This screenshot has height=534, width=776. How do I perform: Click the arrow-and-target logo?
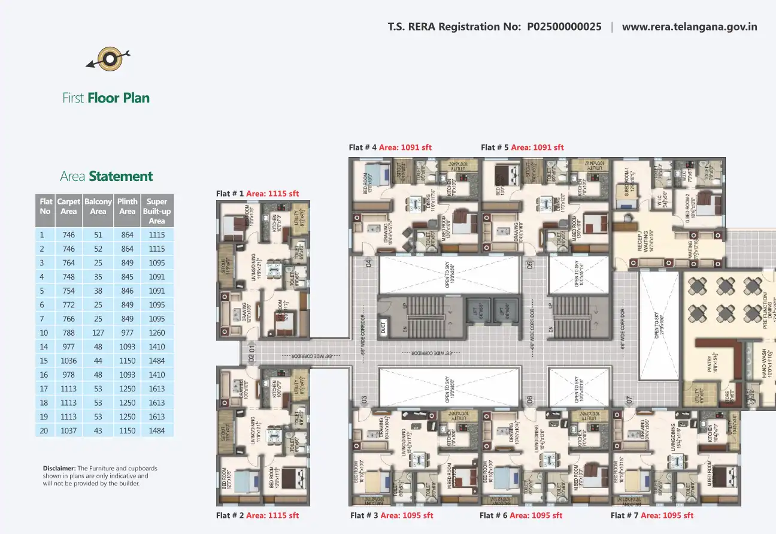pyautogui.click(x=108, y=59)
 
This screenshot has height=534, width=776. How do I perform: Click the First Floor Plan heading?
pyautogui.click(x=106, y=98)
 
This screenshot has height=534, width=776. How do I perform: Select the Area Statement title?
pyautogui.click(x=106, y=176)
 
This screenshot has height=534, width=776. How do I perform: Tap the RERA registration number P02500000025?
pyautogui.click(x=564, y=27)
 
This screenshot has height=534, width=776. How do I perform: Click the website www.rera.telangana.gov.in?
pyautogui.click(x=689, y=27)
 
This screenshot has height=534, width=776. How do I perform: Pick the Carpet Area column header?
pyautogui.click(x=69, y=206)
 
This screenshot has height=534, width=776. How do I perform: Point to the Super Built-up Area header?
pyautogui.click(x=157, y=211)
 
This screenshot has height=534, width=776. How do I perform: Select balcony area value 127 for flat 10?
pyautogui.click(x=98, y=333)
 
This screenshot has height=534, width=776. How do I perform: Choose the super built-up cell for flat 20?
pyautogui.click(x=157, y=430)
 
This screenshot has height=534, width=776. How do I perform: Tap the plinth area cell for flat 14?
pyautogui.click(x=127, y=346)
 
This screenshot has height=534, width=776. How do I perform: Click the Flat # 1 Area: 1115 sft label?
pyautogui.click(x=257, y=194)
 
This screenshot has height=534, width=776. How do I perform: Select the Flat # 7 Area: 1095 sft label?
pyautogui.click(x=652, y=515)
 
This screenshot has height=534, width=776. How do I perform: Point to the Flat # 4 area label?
pyautogui.click(x=390, y=147)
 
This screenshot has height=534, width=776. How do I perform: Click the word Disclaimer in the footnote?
pyautogui.click(x=59, y=468)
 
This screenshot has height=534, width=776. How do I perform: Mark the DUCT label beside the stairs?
pyautogui.click(x=383, y=327)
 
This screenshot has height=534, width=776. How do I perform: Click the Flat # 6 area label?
pyautogui.click(x=521, y=515)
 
